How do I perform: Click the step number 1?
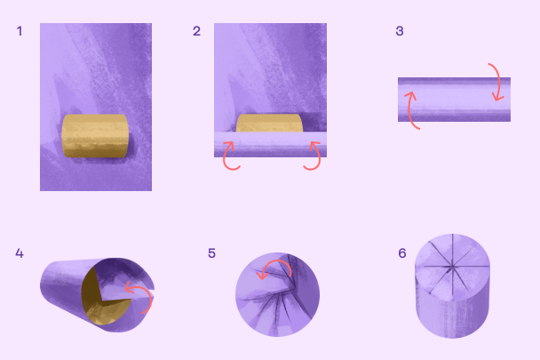coord(20,31)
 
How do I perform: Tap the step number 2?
coord(196,31)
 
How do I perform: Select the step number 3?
coord(400,31)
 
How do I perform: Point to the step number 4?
coord(20,253)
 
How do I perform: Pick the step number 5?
coord(211,253)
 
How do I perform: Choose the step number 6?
coord(402,253)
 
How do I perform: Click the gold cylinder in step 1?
coord(95,136)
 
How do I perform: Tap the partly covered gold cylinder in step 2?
coord(269,123)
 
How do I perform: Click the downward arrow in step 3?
coord(498,81)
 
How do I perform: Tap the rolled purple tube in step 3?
coord(454,100)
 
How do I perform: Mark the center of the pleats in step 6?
coord(452,266)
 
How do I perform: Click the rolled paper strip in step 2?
coord(270,145)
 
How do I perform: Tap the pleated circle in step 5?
coord(278,294)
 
